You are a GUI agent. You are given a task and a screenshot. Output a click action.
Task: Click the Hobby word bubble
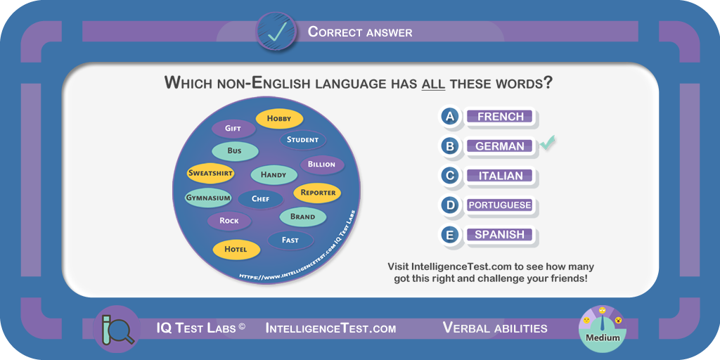(279, 118)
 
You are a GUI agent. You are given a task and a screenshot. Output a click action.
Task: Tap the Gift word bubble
(233, 129)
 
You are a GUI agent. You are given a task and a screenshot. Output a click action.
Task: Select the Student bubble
(302, 140)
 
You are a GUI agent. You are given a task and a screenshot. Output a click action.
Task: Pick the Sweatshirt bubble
(211, 174)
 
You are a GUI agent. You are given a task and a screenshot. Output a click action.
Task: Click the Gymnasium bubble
(208, 198)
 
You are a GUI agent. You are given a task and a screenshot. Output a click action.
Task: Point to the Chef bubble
(260, 199)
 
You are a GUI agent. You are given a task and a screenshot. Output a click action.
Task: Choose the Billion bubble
(322, 165)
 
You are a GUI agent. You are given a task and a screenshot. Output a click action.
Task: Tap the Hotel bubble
(236, 250)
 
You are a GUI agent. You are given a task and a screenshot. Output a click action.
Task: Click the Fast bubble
(290, 240)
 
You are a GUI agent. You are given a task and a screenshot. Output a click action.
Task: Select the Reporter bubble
(318, 193)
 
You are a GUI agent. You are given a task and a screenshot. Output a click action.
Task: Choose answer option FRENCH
(501, 117)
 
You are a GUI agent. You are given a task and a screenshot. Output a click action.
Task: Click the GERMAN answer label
(500, 146)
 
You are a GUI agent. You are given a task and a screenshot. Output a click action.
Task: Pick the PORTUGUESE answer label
(500, 205)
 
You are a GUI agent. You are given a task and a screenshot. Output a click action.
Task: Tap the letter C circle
(451, 175)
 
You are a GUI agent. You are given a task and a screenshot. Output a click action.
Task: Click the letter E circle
(451, 235)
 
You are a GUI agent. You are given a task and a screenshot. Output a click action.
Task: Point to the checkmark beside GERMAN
(547, 143)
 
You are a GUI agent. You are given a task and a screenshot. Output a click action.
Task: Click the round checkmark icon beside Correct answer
(277, 32)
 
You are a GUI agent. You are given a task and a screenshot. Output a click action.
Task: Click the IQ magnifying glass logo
(117, 328)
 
